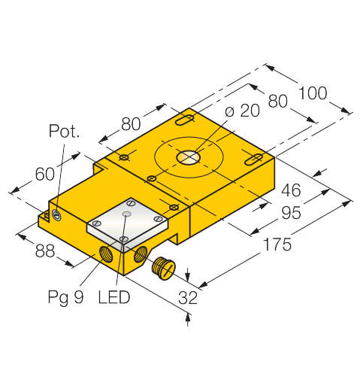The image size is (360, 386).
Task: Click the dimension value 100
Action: point(313,93)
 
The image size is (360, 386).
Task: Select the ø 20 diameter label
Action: point(242,111)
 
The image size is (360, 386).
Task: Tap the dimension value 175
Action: point(277,245)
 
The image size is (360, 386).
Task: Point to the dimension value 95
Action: point(291,213)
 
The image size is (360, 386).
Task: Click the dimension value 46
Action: point(291,190)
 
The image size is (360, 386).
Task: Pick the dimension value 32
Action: point(188,298)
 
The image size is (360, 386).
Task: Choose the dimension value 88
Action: point(45,251)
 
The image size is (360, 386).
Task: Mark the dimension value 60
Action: point(45,174)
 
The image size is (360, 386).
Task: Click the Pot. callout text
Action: point(64,131)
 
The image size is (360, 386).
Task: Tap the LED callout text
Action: point(114,297)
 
